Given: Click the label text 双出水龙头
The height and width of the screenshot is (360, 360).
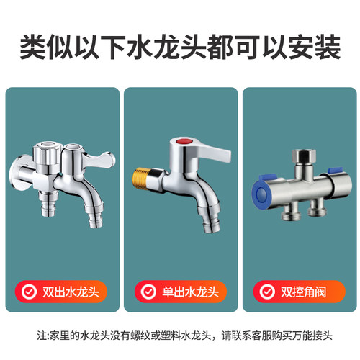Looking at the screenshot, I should [73, 292].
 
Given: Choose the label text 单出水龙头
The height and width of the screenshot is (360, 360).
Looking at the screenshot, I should [191, 292].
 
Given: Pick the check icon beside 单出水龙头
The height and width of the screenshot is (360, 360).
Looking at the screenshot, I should [148, 292].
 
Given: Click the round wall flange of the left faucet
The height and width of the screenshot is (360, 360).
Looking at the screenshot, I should [18, 174].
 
